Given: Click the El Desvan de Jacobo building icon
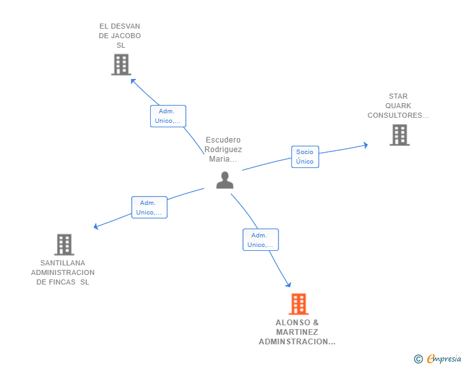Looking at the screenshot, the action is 121,64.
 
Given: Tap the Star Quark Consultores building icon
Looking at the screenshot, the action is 399,135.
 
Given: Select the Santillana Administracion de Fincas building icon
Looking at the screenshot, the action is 64,244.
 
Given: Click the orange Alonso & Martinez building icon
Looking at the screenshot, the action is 298,304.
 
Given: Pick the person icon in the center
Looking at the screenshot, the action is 225,180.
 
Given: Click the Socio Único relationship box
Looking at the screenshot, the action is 305,157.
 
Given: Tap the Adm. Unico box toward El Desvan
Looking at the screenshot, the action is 168,116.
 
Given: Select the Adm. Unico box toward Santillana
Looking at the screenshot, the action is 149,208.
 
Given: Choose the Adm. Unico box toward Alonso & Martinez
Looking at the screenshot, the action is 261,240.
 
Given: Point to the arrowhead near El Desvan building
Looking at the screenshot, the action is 133,81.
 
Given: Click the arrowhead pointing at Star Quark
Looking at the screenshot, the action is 366,145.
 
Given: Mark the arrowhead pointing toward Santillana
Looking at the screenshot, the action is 95,227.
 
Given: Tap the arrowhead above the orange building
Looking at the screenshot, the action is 289,285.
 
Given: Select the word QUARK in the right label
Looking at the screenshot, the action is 398,106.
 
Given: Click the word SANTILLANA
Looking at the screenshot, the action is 62,263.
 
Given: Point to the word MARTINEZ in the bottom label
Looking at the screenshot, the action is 297,332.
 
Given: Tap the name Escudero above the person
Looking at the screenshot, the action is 223,140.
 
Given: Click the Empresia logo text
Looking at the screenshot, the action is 444,358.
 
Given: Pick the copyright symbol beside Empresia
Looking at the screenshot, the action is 418,359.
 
